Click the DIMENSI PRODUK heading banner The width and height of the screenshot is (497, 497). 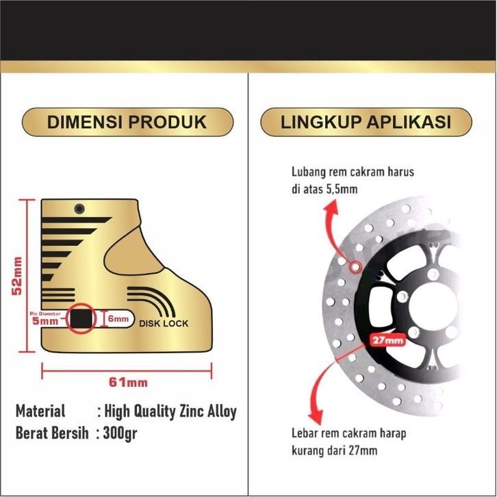point(127,123)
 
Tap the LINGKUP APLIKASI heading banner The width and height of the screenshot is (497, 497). point(366,123)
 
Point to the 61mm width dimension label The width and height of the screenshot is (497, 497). point(129,381)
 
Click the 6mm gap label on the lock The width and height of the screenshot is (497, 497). point(118,319)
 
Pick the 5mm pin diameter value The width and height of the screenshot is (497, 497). point(49,320)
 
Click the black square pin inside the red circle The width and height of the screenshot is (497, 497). point(81,318)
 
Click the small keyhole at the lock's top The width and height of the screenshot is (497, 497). point(80,207)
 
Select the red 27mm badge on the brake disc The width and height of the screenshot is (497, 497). point(387,339)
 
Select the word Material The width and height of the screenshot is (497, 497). point(40,411)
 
